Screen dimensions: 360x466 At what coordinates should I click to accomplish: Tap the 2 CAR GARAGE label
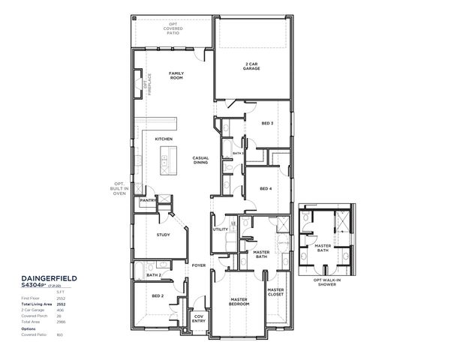(x=251, y=66)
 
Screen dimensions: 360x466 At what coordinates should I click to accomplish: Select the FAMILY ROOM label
(x=176, y=75)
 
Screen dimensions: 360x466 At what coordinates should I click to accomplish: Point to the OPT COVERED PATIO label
(x=175, y=29)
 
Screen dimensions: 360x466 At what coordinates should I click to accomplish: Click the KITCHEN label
(x=164, y=139)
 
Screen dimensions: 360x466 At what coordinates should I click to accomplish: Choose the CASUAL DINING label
(x=200, y=160)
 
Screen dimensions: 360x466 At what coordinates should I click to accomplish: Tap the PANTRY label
(x=147, y=201)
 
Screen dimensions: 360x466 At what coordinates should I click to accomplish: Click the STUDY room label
(x=164, y=235)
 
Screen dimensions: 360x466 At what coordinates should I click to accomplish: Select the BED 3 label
(x=267, y=123)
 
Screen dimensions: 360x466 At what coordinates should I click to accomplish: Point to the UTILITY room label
(x=221, y=230)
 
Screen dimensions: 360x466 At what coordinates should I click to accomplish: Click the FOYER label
(x=198, y=265)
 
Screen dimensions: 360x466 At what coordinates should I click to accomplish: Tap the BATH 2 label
(x=155, y=275)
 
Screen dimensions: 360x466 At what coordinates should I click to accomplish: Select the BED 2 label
(x=158, y=296)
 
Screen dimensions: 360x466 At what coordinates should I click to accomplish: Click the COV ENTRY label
(x=199, y=318)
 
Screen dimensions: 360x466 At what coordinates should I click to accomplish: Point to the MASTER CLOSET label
(x=275, y=292)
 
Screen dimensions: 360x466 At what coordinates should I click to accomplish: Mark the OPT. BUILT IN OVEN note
(x=119, y=188)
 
